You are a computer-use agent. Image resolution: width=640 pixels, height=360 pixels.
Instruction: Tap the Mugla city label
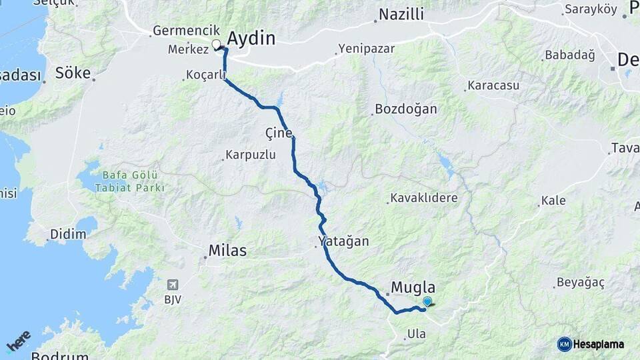pos(413,287)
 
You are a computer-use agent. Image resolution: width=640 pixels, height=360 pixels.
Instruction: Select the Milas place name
pos(227,251)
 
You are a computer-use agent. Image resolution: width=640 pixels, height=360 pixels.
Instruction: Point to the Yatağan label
pos(343,241)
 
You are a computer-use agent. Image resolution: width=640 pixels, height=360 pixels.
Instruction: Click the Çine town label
pos(279,133)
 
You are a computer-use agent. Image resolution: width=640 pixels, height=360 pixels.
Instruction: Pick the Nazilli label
pos(401,15)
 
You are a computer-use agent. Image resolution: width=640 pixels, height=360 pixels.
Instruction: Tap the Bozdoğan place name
pos(406,109)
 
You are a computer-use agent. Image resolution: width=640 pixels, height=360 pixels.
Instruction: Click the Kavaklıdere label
pos(424,198)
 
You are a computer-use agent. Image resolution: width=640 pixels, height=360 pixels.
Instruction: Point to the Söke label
pos(73,73)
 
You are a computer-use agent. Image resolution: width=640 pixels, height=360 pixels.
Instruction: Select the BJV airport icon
pos(173,285)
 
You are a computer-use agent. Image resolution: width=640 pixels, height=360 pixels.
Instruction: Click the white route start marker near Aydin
pos(216,45)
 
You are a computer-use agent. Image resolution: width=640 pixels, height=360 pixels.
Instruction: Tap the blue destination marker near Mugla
pos(427,301)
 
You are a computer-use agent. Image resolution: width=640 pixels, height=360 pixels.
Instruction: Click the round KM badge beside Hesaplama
pos(564,344)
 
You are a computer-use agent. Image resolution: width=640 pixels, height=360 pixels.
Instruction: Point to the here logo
pos(18,341)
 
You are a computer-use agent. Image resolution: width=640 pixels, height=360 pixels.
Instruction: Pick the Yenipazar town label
pos(366,49)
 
